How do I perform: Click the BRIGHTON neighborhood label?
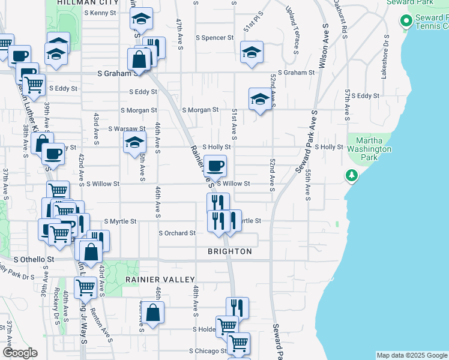point(230,251)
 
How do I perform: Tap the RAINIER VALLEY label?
point(160,280)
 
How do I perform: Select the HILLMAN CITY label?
point(85,3)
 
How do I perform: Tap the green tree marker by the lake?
point(352,175)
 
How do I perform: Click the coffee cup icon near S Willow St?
point(215,165)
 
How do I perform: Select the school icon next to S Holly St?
point(134,143)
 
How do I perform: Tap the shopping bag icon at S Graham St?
point(139,59)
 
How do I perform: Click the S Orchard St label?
point(177,233)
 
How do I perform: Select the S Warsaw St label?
point(127,128)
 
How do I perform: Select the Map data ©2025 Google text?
point(411,355)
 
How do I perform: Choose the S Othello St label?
point(34,260)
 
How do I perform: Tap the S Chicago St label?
point(207,351)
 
